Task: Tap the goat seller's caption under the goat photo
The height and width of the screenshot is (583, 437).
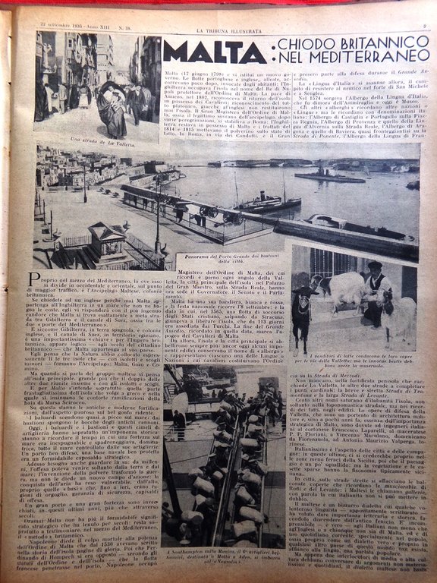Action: click(355, 339)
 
